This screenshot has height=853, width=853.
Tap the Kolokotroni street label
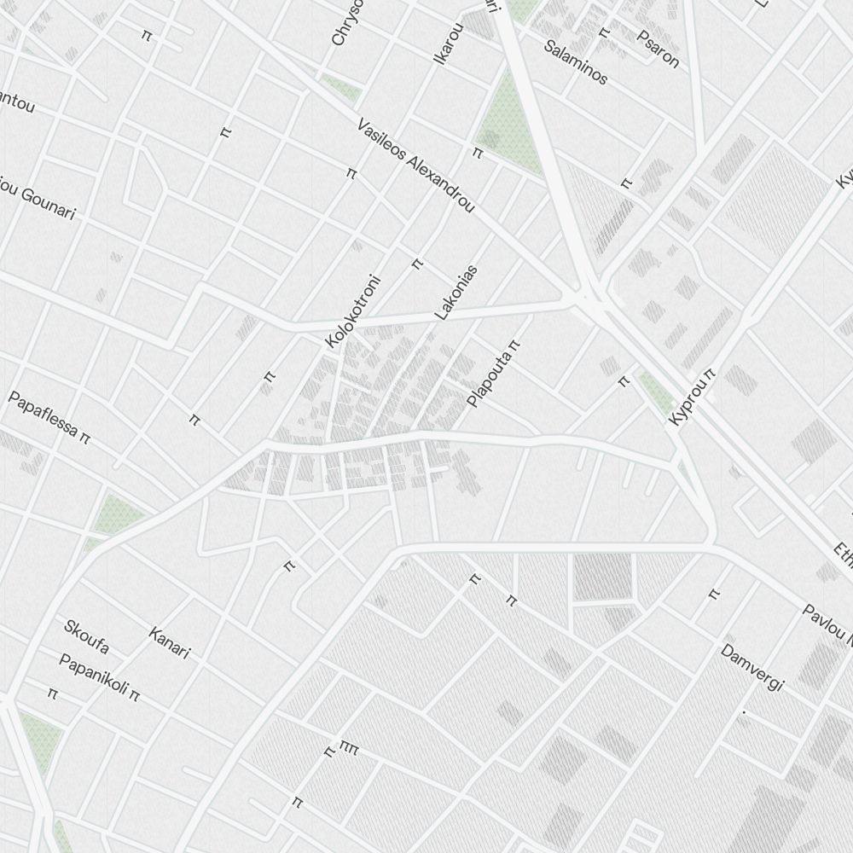(352, 310)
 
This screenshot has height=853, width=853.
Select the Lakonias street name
(456, 293)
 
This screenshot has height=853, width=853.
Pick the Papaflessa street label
(44, 417)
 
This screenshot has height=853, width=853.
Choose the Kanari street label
(169, 642)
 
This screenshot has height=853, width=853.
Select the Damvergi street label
(751, 668)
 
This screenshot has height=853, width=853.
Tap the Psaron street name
(659, 49)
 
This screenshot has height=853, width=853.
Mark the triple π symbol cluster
(349, 748)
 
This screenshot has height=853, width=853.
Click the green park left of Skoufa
(118, 514)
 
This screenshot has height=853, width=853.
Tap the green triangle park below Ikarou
(503, 128)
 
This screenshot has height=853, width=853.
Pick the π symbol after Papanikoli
(134, 696)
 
